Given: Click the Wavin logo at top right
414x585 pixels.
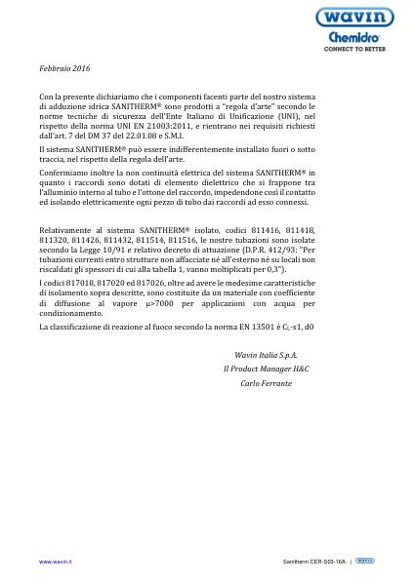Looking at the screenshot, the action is coord(354,17).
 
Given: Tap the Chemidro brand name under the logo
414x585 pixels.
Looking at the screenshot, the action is coord(354,37).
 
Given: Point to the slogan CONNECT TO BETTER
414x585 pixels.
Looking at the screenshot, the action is coord(354,48).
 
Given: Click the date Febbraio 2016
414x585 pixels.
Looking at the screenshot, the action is coord(64,68).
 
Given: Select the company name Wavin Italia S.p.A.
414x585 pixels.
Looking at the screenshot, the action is coord(266,355).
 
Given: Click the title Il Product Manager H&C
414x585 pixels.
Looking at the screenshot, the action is coord(266,369).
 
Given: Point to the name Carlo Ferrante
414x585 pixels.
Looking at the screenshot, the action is coord(266,383).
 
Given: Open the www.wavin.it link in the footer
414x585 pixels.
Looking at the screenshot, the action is coord(55,562).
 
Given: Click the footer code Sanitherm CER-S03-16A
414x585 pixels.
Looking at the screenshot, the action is coord(313,562).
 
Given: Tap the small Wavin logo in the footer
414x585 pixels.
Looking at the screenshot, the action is coord(364,561).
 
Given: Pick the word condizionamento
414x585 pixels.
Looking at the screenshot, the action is coord(71,313).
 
